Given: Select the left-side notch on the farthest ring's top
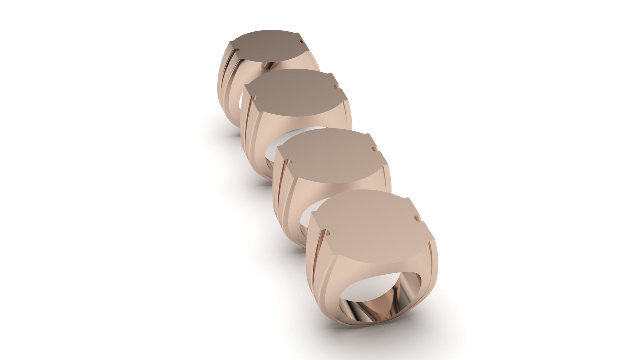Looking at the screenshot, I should click(237, 51).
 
